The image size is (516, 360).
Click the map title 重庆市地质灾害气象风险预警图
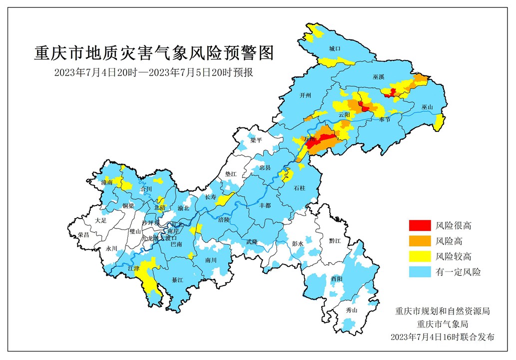coord(154,52)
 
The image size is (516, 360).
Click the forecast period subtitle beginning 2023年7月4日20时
coord(154,72)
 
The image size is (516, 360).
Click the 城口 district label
coord(334,49)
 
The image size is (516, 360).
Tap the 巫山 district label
coord(428,107)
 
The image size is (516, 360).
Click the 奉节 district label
coord(384,119)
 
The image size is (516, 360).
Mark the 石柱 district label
coord(299,188)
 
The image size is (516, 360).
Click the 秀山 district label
coord(352,310)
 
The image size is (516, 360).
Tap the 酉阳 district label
coord(336,278)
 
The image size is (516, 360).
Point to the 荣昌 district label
coord(83,234)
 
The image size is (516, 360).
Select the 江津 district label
coord(133,268)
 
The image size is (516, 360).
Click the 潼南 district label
coord(107,183)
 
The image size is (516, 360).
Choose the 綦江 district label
coord(178,280)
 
